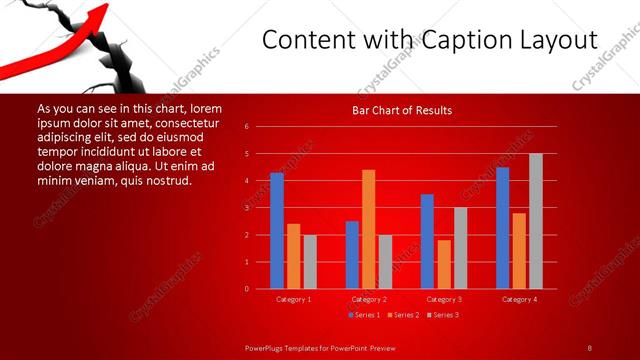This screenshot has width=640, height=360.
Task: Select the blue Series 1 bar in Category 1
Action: pyautogui.click(x=277, y=230)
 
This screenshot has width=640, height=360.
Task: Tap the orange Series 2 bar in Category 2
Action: pyautogui.click(x=369, y=228)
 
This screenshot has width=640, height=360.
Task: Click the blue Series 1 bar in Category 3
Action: pyautogui.click(x=427, y=241)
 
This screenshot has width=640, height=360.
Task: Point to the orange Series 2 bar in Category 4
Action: pyautogui.click(x=519, y=250)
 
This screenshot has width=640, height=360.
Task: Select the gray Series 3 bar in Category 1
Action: pyautogui.click(x=310, y=261)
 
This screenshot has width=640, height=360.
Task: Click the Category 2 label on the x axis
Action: pyautogui.click(x=369, y=299)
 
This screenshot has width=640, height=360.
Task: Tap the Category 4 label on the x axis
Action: pyautogui.click(x=519, y=299)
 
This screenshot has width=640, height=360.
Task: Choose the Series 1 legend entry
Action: pyautogui.click(x=365, y=316)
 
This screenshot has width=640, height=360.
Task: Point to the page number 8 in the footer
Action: pyautogui.click(x=589, y=347)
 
